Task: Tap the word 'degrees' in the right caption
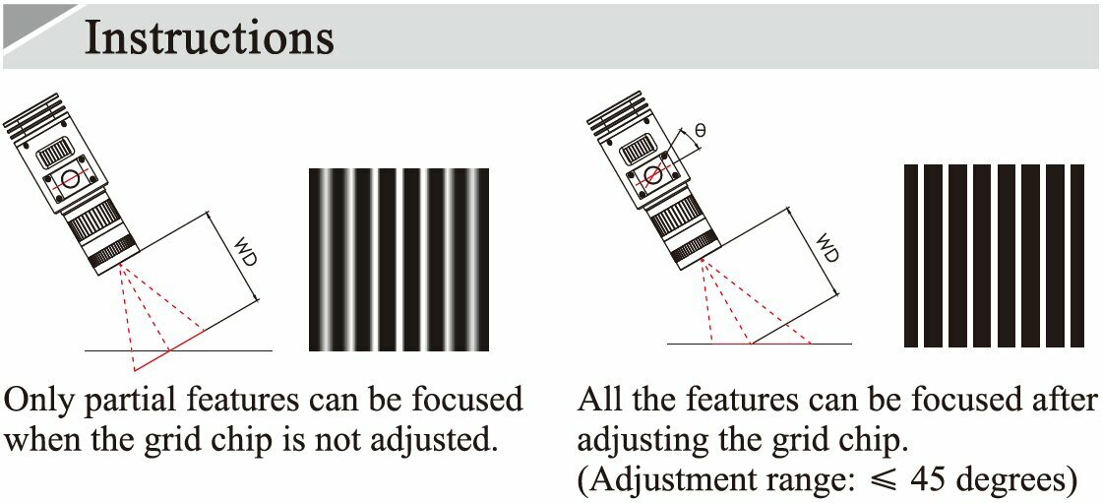(x=1012, y=482)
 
